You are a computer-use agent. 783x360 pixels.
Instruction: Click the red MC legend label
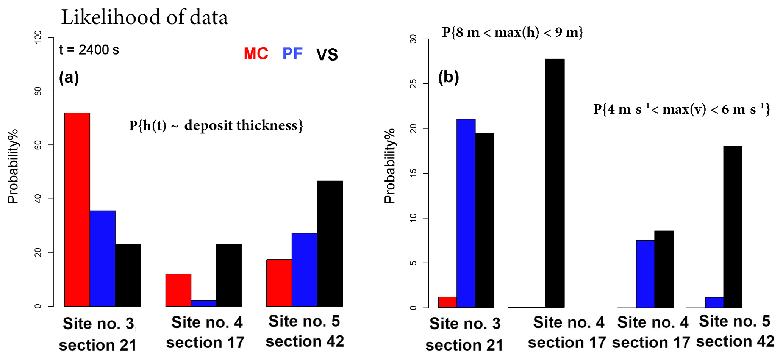(x=256, y=54)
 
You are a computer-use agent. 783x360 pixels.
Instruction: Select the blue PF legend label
(x=292, y=54)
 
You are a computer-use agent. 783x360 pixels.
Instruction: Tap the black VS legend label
(x=327, y=55)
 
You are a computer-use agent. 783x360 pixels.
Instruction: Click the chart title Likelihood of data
(x=144, y=17)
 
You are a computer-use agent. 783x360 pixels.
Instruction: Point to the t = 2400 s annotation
(x=89, y=50)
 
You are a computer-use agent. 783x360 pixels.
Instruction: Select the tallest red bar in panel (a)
(x=77, y=209)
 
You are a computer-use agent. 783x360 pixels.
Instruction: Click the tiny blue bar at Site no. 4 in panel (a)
(x=203, y=303)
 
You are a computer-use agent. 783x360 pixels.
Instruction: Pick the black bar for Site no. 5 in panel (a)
(x=330, y=243)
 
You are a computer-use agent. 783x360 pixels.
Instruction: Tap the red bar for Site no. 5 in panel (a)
(x=279, y=283)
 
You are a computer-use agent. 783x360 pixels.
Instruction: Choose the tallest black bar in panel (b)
(x=555, y=183)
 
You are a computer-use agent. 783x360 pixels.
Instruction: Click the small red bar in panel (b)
(x=447, y=302)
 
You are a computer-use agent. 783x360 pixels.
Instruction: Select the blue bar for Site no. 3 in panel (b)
(x=466, y=213)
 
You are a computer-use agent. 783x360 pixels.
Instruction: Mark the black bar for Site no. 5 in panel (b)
(x=733, y=227)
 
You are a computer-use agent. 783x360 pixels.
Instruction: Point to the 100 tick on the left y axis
(x=38, y=38)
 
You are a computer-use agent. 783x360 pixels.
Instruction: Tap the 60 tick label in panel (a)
(x=38, y=145)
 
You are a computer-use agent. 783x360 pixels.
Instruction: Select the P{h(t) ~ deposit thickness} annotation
(x=216, y=125)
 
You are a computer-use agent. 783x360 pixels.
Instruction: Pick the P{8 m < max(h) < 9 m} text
(x=512, y=33)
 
